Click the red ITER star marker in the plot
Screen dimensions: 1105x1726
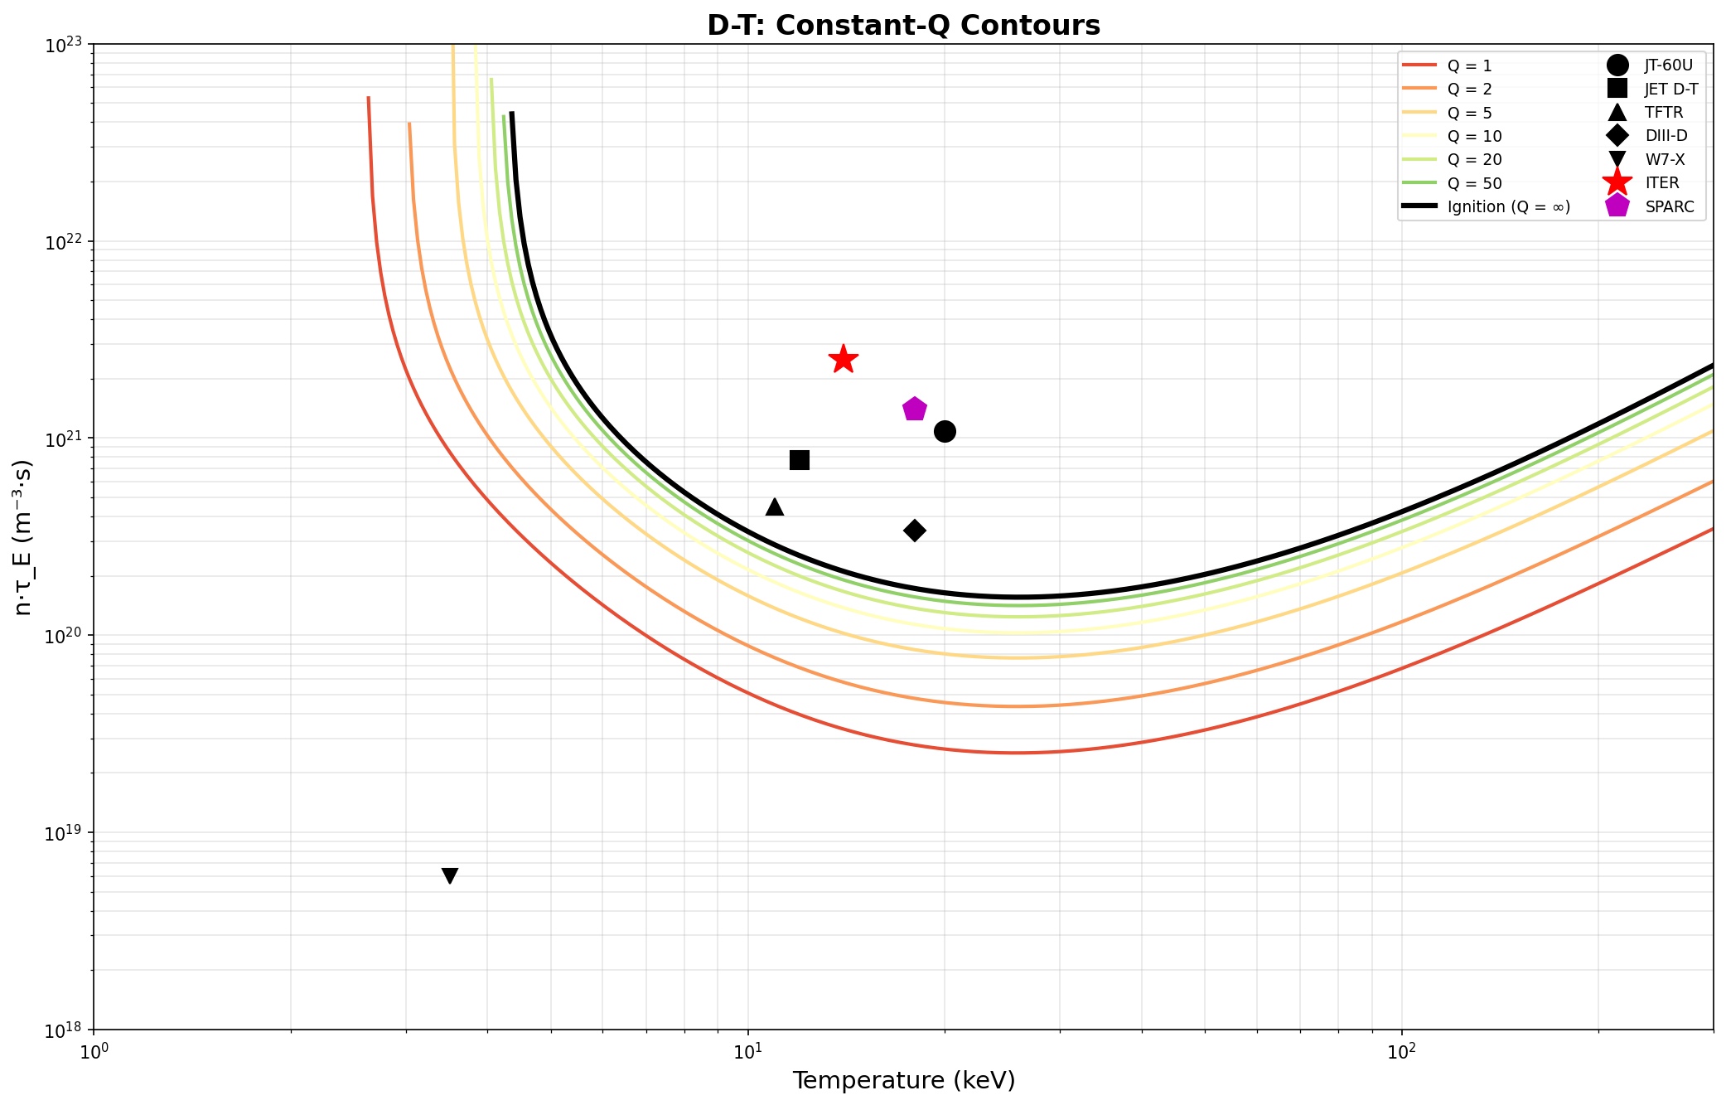(x=843, y=359)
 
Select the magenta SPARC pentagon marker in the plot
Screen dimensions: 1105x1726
(x=914, y=409)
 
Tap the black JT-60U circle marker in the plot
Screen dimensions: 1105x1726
(x=945, y=431)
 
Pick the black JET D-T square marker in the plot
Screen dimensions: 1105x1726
(x=800, y=460)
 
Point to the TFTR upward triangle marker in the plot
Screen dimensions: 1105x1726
(x=775, y=506)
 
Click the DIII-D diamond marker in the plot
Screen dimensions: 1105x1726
(x=914, y=531)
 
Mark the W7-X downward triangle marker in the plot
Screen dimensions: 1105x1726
(x=450, y=875)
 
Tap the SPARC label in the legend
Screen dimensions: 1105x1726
(x=1670, y=207)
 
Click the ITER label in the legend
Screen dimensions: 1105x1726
(x=1661, y=183)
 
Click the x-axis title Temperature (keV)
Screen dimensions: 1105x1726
(x=903, y=1081)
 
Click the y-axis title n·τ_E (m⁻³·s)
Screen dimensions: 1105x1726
(x=23, y=537)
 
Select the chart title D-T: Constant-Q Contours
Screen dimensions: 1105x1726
(x=903, y=26)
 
